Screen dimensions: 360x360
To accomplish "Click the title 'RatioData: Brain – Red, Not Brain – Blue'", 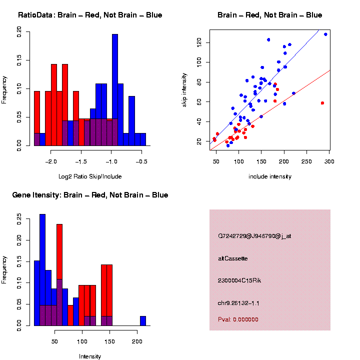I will [x=90, y=15].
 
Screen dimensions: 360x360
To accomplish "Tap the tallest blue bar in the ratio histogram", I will [x=115, y=90].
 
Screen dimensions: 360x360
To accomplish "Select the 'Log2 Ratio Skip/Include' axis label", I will [x=90, y=176].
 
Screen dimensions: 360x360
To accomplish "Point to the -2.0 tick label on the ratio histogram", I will [x=51, y=162].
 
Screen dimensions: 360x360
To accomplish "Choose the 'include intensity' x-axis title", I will [x=270, y=176].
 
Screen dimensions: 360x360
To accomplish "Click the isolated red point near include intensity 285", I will [x=322, y=103].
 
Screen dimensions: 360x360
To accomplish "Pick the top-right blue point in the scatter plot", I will [x=325, y=34].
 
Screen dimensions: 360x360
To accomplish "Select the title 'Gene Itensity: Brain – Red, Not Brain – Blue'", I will [x=90, y=195].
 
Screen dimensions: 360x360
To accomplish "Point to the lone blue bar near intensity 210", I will [x=143, y=320].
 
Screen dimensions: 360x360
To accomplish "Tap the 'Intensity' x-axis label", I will [x=90, y=356].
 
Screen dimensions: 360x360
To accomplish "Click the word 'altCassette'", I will [x=233, y=258].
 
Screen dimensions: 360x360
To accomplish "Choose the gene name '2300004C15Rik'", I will [x=239, y=280].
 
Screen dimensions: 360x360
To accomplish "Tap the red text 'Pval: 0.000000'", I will [x=238, y=319].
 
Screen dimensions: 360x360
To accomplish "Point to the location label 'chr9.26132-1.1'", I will [x=238, y=303].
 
